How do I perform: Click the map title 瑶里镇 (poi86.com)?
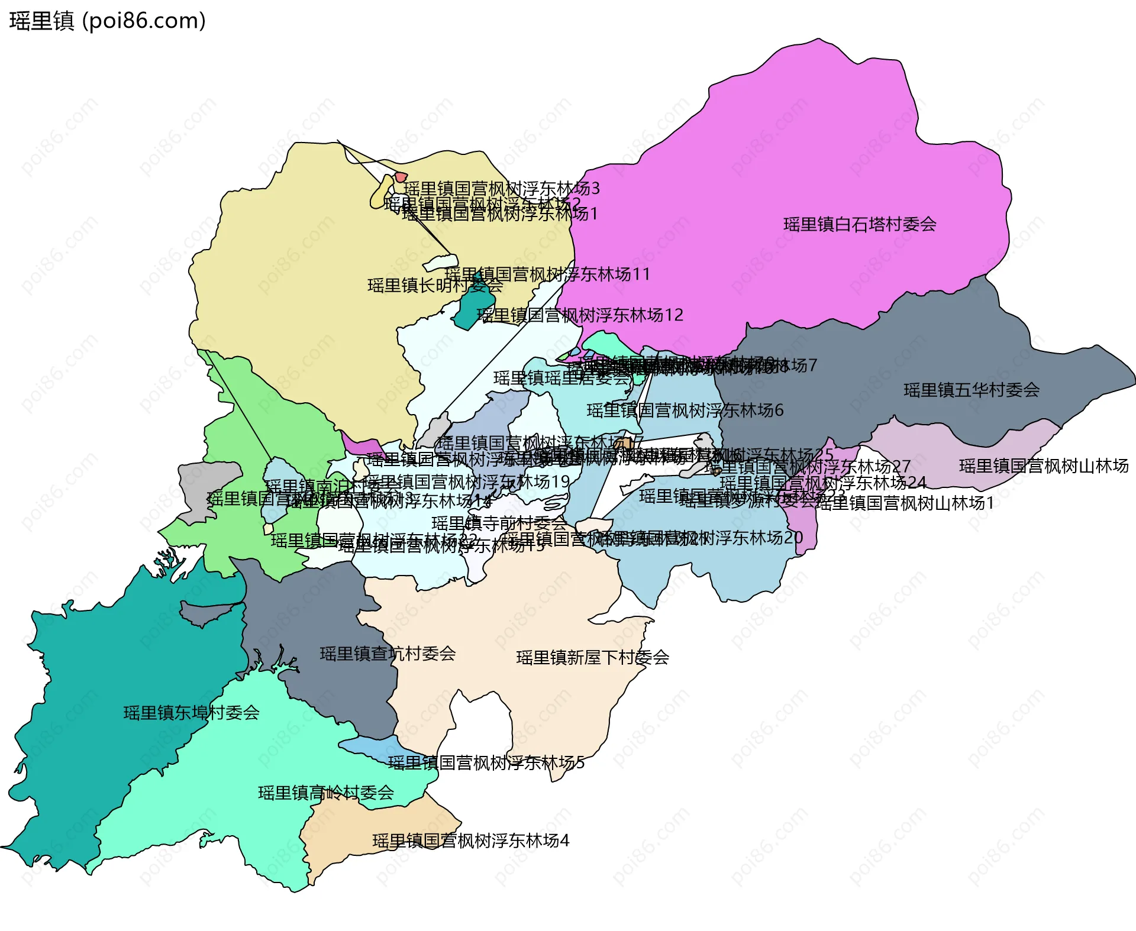107,21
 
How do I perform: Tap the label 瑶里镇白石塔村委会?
860,225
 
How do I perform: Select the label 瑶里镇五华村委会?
972,390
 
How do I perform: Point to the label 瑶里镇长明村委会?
435,286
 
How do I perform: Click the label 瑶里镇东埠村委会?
191,713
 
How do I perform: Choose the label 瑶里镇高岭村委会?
326,793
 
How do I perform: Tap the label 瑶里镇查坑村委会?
388,654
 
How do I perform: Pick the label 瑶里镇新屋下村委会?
592,658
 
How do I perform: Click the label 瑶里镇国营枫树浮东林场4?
470,841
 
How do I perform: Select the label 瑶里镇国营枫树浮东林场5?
486,763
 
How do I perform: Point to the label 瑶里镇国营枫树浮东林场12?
580,315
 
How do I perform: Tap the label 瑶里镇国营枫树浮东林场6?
685,410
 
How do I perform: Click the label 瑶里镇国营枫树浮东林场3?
501,189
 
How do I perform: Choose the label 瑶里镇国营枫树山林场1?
905,503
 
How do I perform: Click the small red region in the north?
401,177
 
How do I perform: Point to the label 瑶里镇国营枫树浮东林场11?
547,274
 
